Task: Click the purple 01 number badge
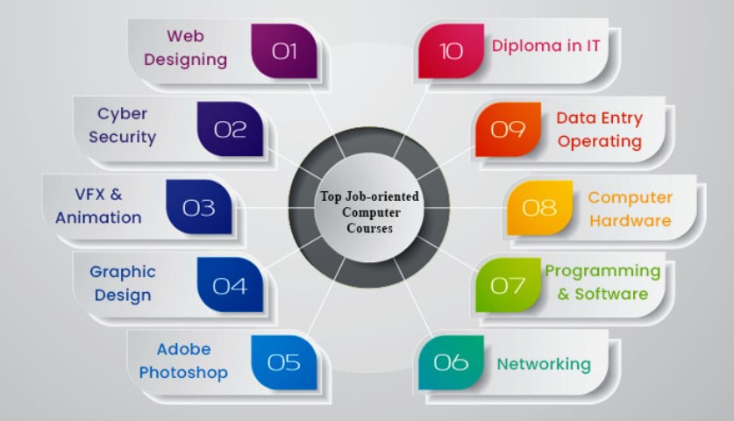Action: tap(284, 51)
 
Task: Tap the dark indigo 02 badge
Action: tap(230, 129)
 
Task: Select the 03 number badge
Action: tap(198, 207)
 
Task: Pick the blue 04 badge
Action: tap(230, 285)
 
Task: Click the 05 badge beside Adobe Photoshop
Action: tap(284, 362)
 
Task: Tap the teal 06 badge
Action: tap(451, 362)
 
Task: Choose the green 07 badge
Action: tap(509, 285)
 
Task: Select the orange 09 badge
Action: tap(509, 129)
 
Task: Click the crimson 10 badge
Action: tap(451, 51)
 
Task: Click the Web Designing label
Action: tap(185, 47)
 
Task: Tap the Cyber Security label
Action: tap(122, 125)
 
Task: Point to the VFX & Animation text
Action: tap(98, 206)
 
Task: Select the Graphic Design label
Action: tap(123, 283)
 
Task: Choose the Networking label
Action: tap(544, 364)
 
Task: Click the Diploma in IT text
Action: tap(545, 46)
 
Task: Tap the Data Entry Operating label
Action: tap(600, 130)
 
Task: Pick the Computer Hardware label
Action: tap(630, 209)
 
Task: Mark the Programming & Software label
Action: tap(603, 282)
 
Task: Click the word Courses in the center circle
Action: tap(369, 229)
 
